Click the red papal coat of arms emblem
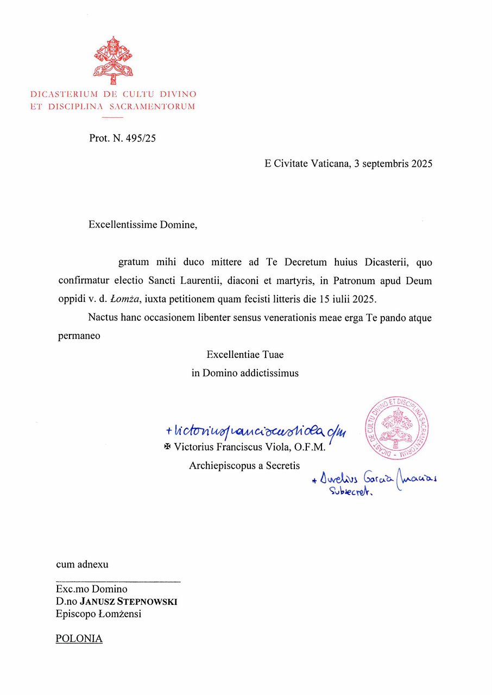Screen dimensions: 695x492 click(113, 59)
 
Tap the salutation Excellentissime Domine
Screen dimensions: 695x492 click(143, 225)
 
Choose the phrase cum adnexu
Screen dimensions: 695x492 click(82, 564)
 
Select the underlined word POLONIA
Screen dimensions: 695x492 click(79, 639)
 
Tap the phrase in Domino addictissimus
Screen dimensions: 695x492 click(245, 374)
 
